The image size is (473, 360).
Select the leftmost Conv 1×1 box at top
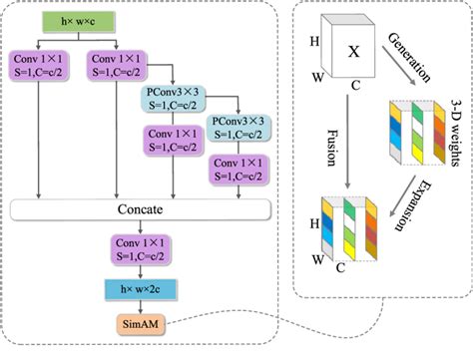pyautogui.click(x=37, y=65)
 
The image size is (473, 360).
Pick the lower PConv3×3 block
pyautogui.click(x=237, y=127)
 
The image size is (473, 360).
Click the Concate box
pyautogui.click(x=139, y=210)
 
